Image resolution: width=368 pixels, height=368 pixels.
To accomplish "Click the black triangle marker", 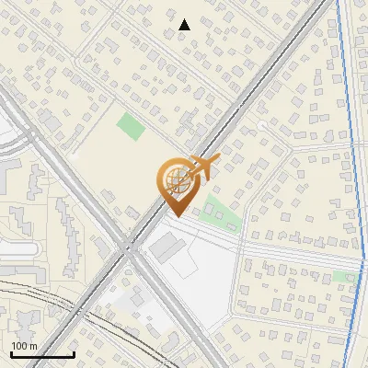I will coord(184,25).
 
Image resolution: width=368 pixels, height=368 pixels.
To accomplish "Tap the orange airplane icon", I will coord(201,167).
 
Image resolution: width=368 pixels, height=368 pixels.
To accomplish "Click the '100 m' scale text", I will coord(23,346).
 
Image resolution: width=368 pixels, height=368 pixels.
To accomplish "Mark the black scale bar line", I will coord(42,354).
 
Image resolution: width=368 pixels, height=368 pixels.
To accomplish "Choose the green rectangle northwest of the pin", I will coord(131,126).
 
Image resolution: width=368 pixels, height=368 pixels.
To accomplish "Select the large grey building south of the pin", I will coord(167,247).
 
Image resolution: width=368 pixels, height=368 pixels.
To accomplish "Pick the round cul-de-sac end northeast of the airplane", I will coord(262,125).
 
